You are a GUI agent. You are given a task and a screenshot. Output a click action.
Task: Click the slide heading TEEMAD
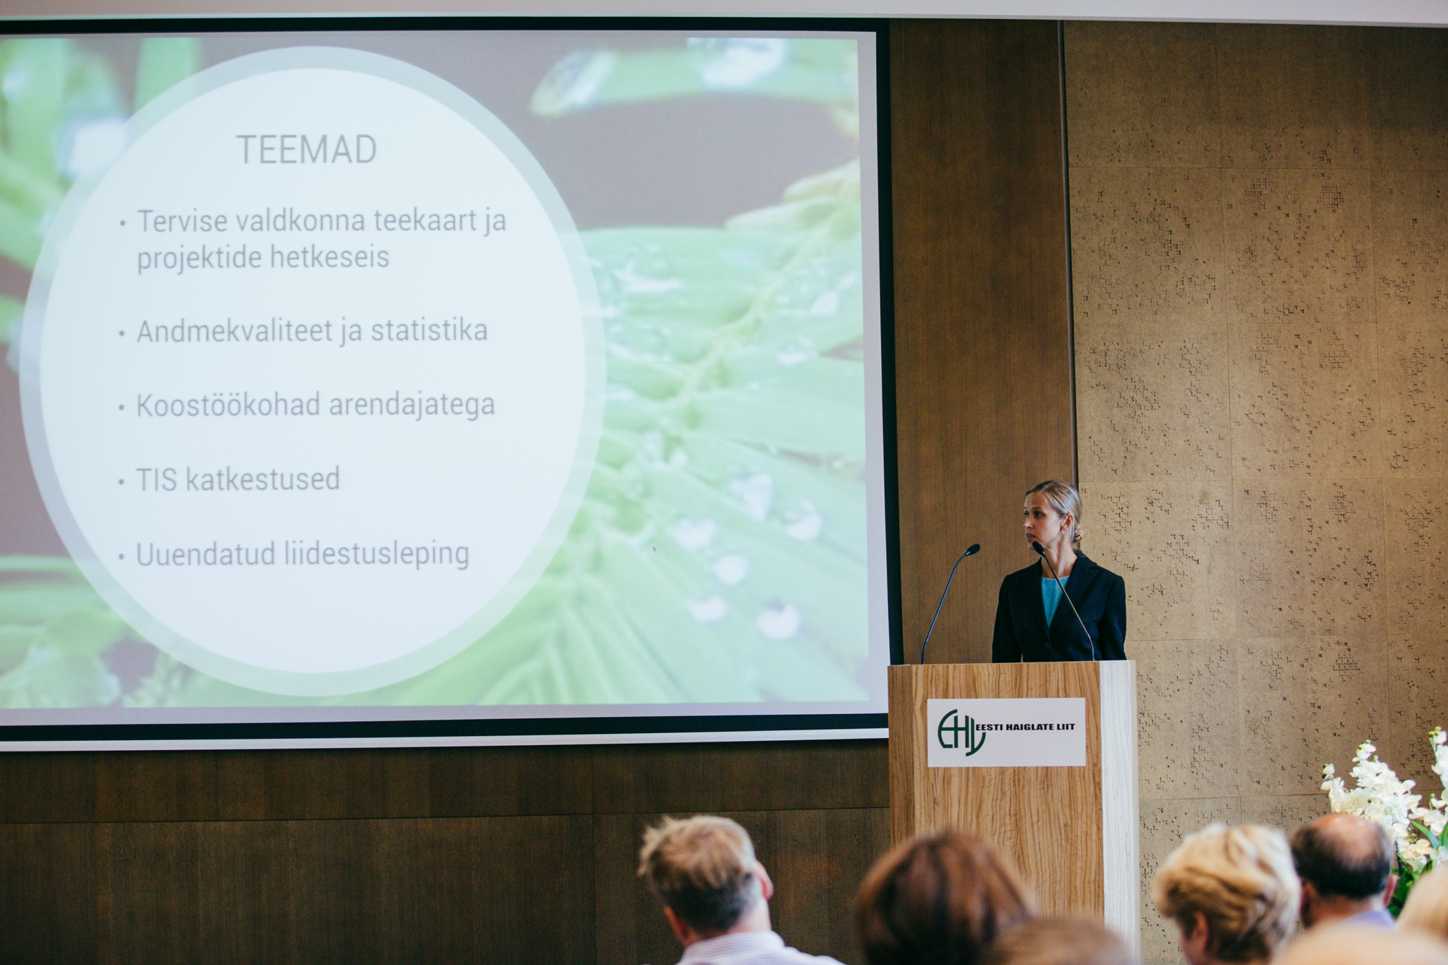(x=306, y=149)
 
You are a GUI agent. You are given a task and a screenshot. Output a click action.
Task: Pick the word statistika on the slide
(x=429, y=330)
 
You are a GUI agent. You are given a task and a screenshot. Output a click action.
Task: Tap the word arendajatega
(x=411, y=406)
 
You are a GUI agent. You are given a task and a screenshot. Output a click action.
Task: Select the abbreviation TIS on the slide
(x=156, y=480)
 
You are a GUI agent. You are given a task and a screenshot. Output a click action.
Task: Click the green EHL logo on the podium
(x=960, y=732)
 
